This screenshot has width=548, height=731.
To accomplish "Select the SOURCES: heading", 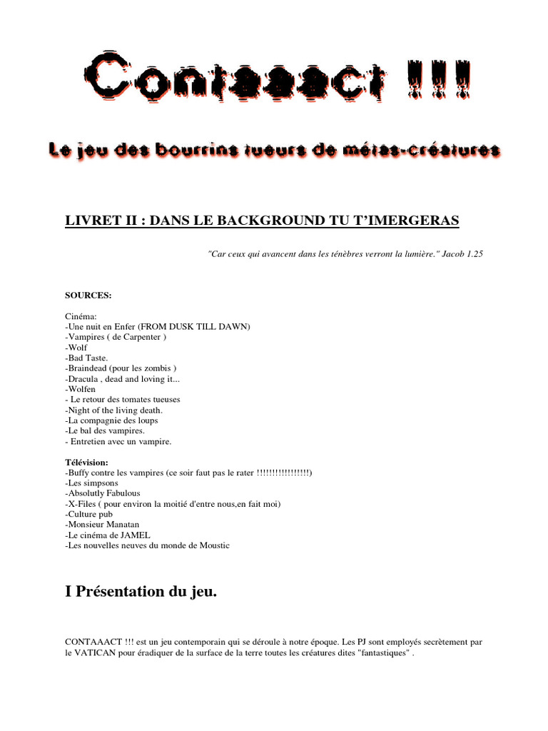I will (x=88, y=294).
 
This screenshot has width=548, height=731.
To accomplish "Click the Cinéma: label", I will (x=80, y=316).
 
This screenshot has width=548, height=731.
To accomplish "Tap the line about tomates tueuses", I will (x=125, y=400).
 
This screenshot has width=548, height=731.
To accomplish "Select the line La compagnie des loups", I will (x=111, y=420).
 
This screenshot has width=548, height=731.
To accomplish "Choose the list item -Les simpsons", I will (x=92, y=483).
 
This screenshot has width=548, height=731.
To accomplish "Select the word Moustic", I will (x=214, y=545).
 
